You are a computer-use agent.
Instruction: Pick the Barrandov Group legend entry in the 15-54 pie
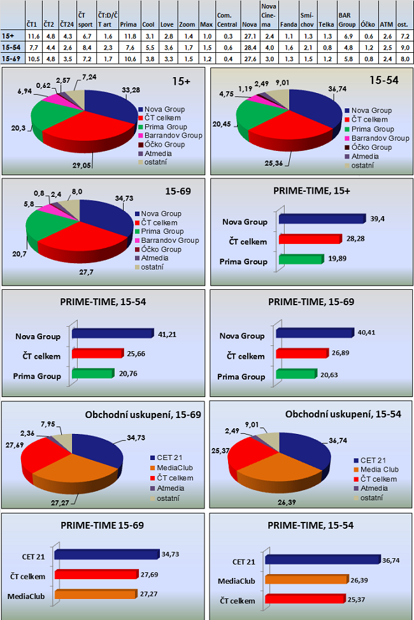tap(381, 138)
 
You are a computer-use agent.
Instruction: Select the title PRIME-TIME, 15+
tap(311, 191)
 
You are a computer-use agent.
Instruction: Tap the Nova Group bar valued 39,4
tap(321, 219)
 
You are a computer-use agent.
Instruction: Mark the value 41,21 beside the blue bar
tap(168, 332)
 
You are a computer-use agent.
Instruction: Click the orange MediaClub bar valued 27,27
tap(96, 594)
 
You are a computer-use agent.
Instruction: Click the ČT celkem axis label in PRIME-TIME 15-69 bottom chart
tap(28, 575)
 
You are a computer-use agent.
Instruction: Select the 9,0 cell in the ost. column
tap(403, 47)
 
